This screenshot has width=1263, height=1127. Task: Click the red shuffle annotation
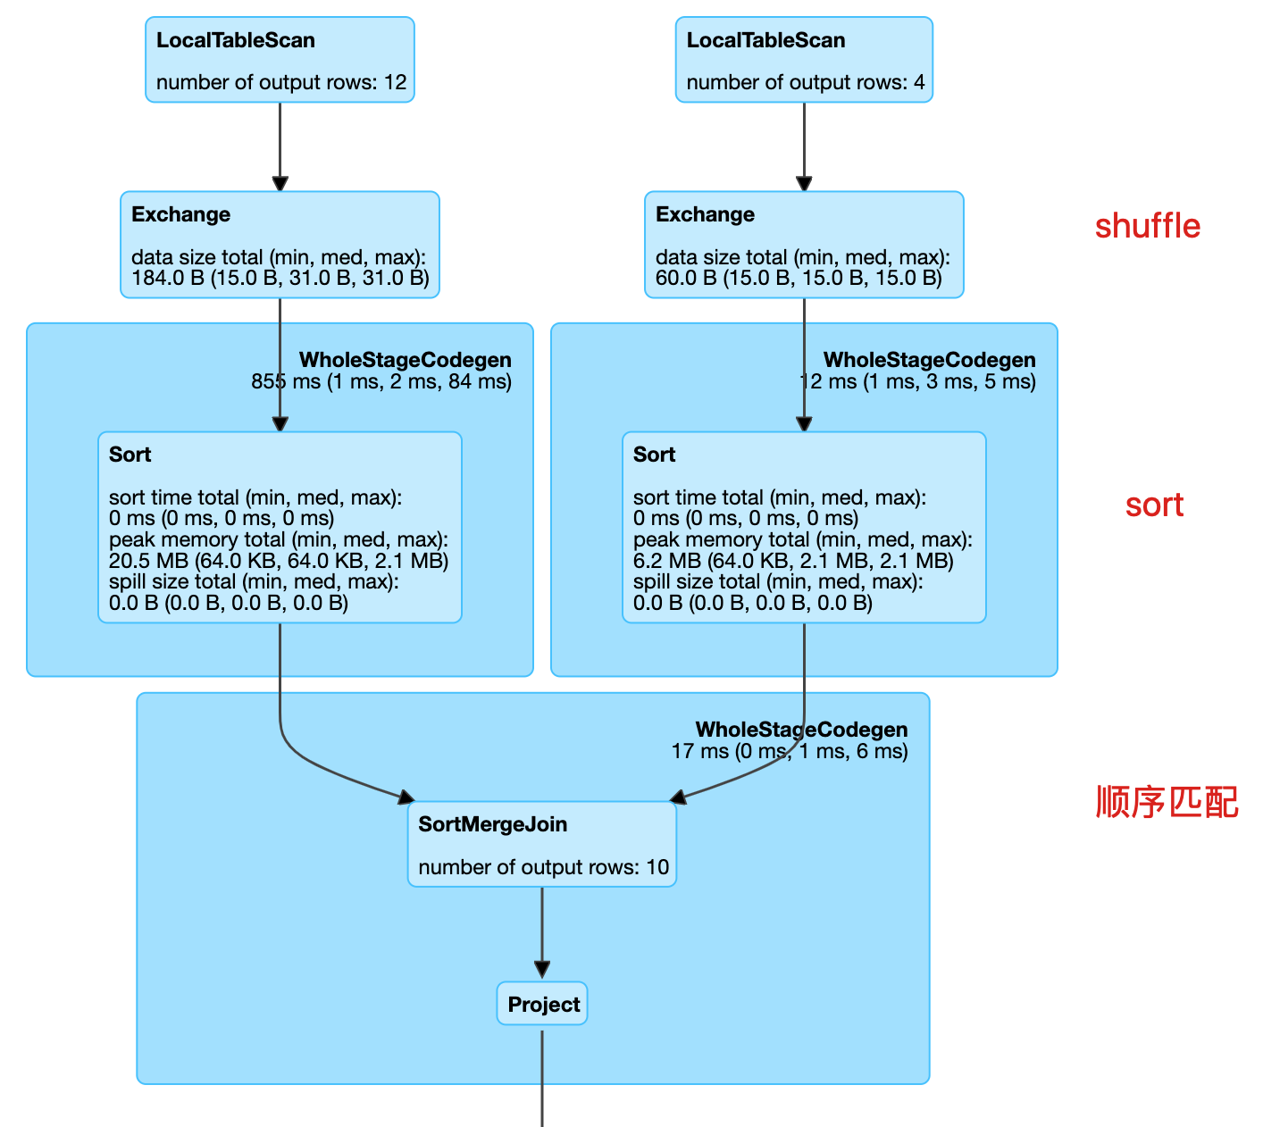[x=1147, y=227]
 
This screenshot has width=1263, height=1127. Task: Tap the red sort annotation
[x=1154, y=505]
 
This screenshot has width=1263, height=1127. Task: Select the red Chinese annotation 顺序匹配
[x=1167, y=802]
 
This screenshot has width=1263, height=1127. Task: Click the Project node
[x=543, y=1005]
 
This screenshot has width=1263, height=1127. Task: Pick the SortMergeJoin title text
[x=492, y=824]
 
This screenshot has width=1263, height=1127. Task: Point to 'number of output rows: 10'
[x=543, y=867]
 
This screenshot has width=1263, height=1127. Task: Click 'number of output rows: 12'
[x=281, y=83]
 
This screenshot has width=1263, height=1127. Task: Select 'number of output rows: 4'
[x=805, y=83]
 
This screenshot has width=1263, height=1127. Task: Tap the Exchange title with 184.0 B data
[x=180, y=214]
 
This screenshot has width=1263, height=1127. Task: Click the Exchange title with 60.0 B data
[x=705, y=214]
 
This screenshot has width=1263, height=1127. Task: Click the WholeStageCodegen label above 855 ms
[x=405, y=360]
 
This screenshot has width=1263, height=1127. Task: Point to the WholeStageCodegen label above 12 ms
[x=929, y=360]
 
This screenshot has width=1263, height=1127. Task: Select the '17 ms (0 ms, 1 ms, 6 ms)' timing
[x=790, y=751]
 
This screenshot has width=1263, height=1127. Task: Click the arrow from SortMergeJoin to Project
[x=542, y=933]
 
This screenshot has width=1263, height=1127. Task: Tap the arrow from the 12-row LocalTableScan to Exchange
[x=280, y=146]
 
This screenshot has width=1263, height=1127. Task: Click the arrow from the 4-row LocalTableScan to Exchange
[x=804, y=146]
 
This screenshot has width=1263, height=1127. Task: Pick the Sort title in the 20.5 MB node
[x=130, y=455]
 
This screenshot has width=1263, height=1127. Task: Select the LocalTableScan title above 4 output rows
[x=765, y=40]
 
